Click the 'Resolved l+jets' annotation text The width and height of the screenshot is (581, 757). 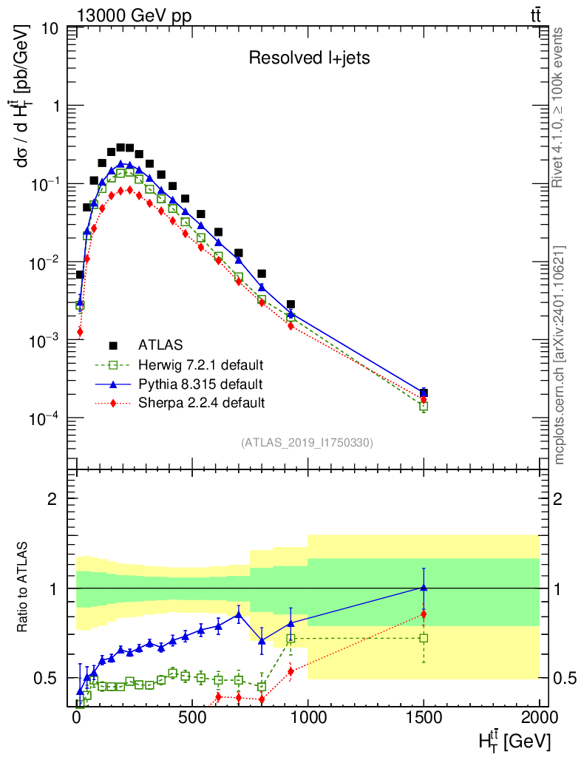[309, 58]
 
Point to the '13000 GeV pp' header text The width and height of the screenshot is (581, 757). [134, 16]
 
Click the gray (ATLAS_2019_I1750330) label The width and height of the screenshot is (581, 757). [307, 443]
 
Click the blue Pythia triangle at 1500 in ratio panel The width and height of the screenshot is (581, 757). [424, 587]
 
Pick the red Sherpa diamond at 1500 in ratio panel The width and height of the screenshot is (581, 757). [424, 614]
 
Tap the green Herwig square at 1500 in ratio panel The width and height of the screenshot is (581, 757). [424, 638]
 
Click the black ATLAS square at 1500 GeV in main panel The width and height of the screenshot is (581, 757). [424, 393]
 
